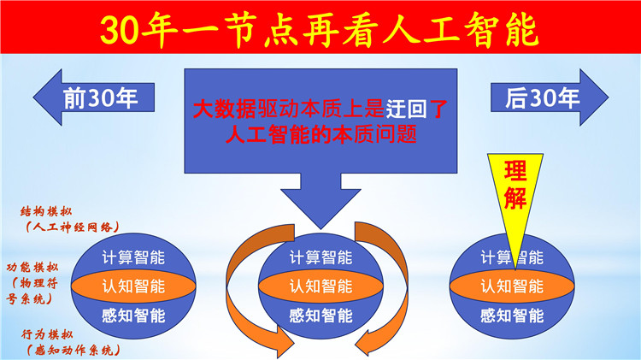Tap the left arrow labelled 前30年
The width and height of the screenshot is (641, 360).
coord(94,97)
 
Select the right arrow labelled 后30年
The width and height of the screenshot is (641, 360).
coord(550,97)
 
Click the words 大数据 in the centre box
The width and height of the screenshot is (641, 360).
coord(225,109)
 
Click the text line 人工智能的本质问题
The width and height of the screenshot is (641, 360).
coord(320,134)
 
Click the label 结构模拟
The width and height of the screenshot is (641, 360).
coord(46,211)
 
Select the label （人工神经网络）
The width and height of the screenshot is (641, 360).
coord(72,227)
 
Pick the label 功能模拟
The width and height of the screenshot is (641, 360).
coord(32,268)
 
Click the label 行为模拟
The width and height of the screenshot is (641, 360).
coord(47,334)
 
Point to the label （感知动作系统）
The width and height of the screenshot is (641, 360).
coord(74,351)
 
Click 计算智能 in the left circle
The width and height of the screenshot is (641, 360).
coord(133,257)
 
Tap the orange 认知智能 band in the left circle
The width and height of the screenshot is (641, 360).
coord(133,286)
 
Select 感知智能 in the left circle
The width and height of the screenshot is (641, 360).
coord(133,316)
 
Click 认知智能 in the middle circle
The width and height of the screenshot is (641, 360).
coord(320,286)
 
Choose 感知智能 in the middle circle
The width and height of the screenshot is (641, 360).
coord(320,316)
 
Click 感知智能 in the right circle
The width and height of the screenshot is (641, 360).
coord(512,316)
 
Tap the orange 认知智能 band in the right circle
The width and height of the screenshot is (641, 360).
coord(512,286)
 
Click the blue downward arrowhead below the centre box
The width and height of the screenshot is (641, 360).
coord(320,204)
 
